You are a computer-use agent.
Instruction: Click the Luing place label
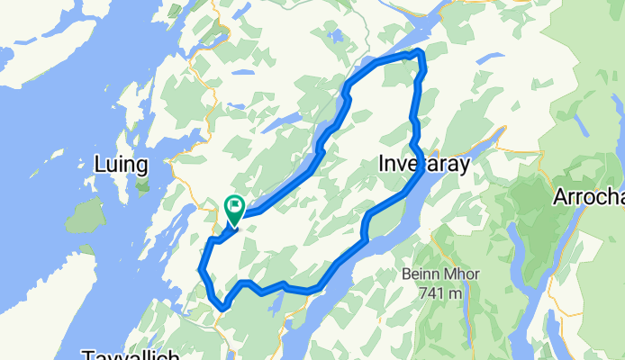121,164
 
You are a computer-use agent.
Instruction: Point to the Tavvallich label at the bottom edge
131,355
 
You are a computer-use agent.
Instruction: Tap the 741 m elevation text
441,293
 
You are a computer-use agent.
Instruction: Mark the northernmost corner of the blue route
418,53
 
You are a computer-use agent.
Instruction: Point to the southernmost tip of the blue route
222,310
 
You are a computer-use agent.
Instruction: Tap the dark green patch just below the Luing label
142,186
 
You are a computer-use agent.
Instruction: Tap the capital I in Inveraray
383,165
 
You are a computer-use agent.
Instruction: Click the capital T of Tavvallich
87,355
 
